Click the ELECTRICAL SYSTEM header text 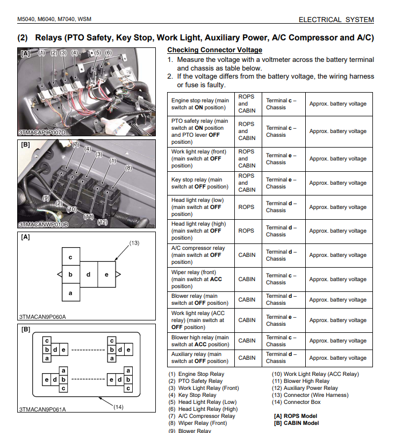point(336,19)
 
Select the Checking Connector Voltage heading point(214,50)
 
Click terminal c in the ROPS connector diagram point(70,257)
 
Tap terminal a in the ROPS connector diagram point(70,293)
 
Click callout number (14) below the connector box point(119,407)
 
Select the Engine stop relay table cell point(200,104)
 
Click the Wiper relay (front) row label point(200,279)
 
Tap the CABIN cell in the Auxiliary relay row point(247,358)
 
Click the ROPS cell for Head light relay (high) point(247,231)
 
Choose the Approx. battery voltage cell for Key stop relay point(337,183)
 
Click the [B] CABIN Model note point(296,423)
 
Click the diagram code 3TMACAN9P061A point(42,409)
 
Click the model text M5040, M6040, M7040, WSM point(54,19)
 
